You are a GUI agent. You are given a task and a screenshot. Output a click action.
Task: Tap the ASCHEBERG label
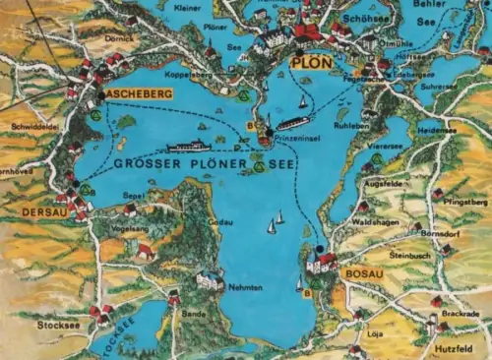pos(139,94)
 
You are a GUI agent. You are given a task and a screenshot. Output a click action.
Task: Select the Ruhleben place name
pos(350,125)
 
